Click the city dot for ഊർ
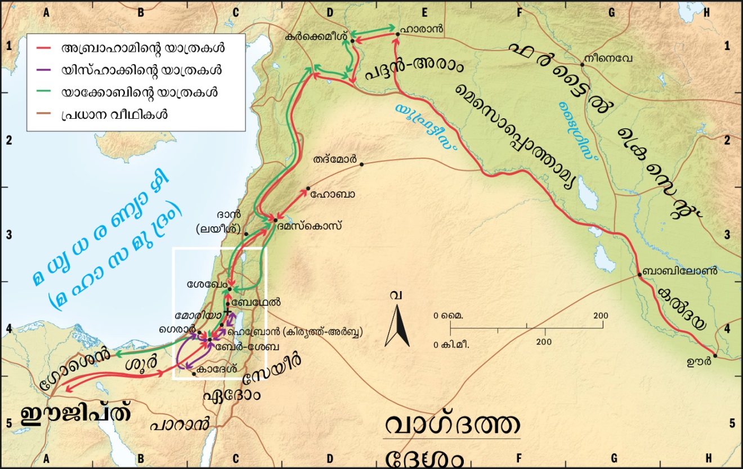coord(715,355)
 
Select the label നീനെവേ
coord(606,57)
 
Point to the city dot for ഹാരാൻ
coord(397,34)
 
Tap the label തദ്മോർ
coord(335,160)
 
